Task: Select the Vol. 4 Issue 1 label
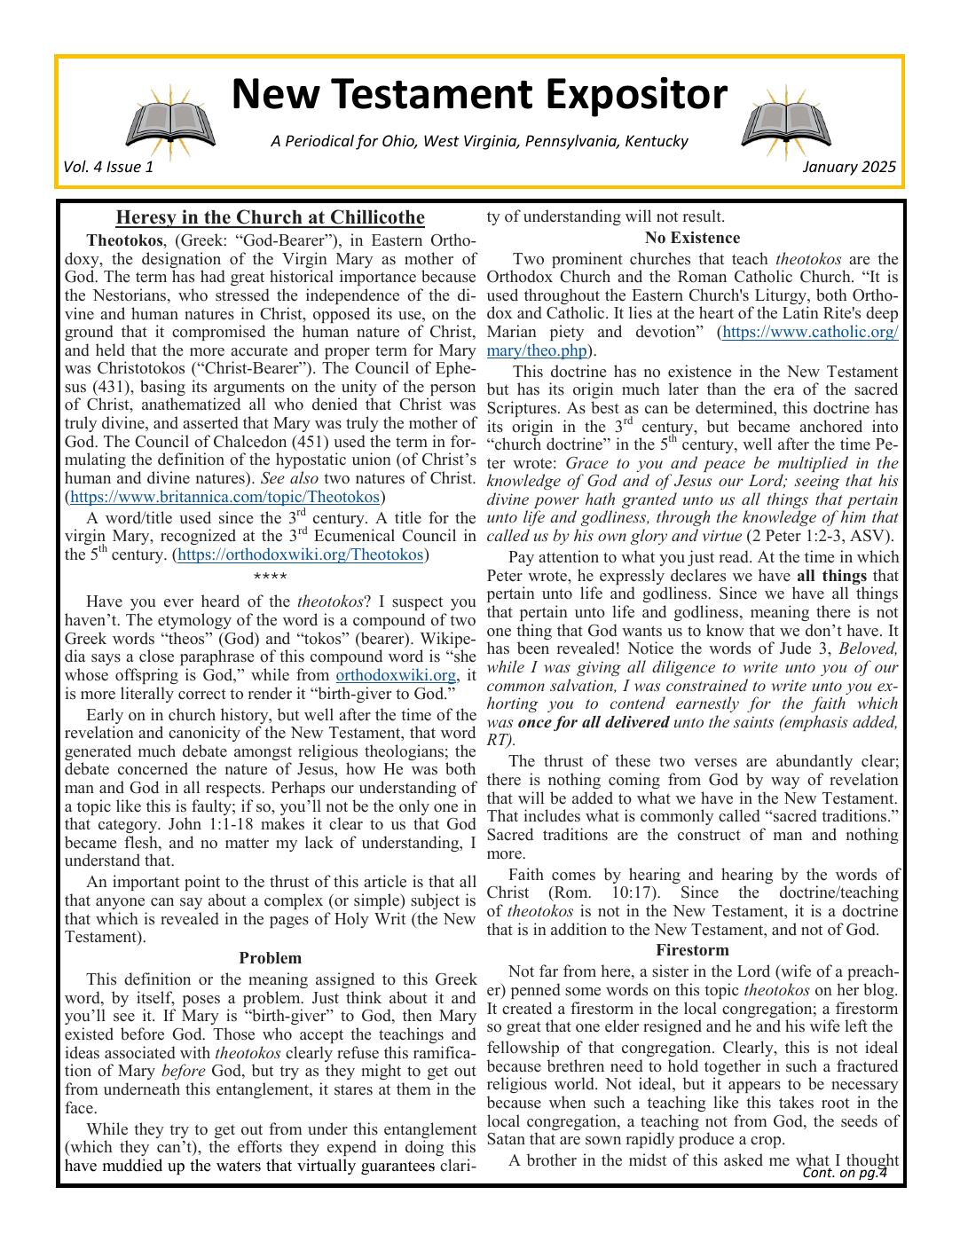(x=108, y=167)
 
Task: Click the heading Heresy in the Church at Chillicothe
(x=270, y=218)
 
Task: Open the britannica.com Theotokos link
(x=224, y=497)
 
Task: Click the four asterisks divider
(x=270, y=578)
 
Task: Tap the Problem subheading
(x=270, y=958)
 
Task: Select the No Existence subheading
(x=692, y=238)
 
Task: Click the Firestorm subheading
(x=692, y=950)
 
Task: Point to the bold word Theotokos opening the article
(x=124, y=240)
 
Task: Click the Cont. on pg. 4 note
(x=844, y=1173)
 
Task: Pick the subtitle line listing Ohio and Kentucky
(x=479, y=141)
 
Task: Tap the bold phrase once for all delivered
(x=594, y=722)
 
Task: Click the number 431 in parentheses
(x=106, y=387)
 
